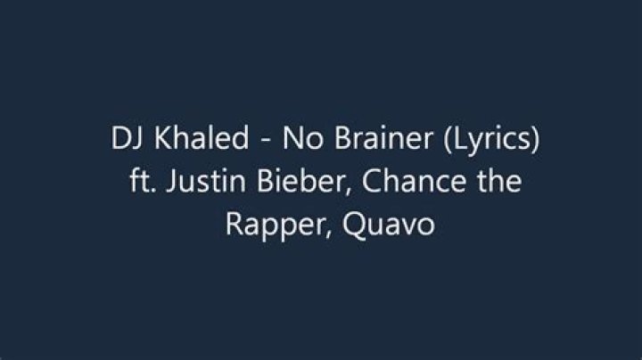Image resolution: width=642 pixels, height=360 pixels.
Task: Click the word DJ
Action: tap(127, 138)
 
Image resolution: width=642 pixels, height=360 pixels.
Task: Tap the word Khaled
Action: tap(202, 137)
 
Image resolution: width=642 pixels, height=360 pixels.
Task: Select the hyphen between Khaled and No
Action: tap(266, 141)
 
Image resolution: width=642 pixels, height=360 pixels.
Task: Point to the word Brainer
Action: tap(384, 137)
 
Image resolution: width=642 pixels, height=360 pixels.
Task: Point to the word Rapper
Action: tap(276, 225)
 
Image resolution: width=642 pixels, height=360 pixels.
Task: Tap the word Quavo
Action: tap(388, 225)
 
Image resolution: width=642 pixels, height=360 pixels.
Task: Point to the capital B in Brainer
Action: tap(343, 138)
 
